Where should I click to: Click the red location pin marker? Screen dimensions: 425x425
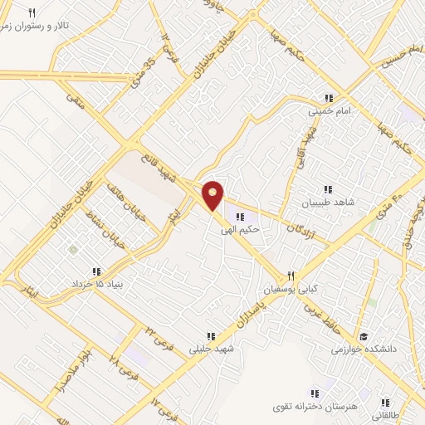tap(213, 196)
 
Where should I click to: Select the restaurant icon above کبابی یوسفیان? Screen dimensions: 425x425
tap(291, 276)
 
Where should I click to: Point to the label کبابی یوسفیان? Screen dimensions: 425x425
tap(291, 290)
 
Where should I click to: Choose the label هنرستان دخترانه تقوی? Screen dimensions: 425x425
tap(315, 408)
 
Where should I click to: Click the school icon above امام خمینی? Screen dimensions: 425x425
tap(330, 97)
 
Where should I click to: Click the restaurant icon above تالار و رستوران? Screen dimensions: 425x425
tap(32, 12)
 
